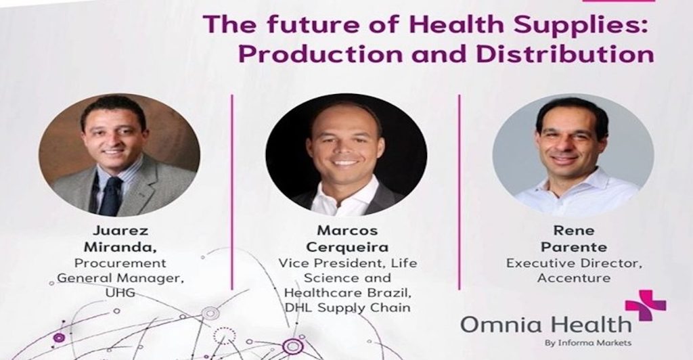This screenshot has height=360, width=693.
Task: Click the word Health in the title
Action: [442, 26]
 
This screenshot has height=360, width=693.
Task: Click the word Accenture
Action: [573, 277]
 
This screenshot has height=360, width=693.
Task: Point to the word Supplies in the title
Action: [565, 26]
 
